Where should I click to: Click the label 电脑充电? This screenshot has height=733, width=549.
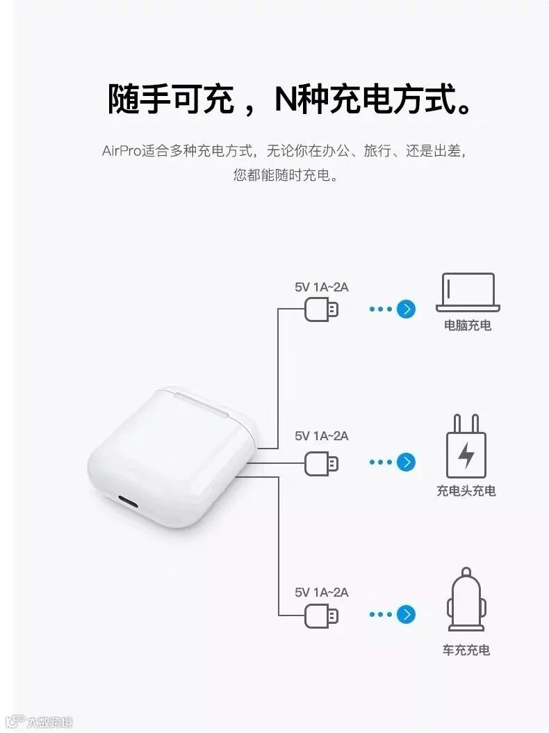click(468, 325)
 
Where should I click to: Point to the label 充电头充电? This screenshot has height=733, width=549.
click(466, 491)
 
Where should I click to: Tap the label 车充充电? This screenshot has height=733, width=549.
click(466, 650)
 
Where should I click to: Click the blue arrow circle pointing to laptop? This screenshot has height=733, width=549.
click(406, 309)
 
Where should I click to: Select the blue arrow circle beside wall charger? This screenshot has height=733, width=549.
click(406, 462)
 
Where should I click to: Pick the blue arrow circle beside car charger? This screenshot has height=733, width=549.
click(406, 614)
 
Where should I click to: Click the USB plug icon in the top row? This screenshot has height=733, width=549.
click(322, 309)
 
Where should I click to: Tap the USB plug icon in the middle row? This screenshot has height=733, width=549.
click(322, 462)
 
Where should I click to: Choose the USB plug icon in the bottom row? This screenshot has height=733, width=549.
click(322, 615)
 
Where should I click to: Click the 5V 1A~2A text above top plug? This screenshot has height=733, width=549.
click(321, 287)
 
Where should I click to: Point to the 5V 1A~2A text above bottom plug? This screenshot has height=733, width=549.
click(321, 593)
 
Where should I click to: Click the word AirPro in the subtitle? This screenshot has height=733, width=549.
click(121, 151)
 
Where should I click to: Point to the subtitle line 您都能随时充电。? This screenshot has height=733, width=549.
click(286, 175)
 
